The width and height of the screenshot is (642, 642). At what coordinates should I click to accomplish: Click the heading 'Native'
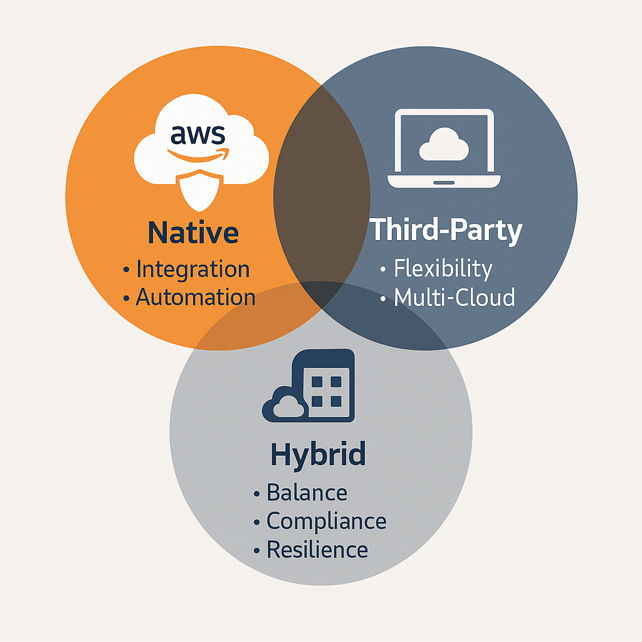pyautogui.click(x=193, y=233)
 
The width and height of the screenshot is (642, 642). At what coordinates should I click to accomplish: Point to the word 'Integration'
pyautogui.click(x=192, y=269)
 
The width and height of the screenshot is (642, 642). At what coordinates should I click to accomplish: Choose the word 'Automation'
pyautogui.click(x=196, y=297)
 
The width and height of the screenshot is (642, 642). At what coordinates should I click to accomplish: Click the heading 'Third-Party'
pyautogui.click(x=445, y=230)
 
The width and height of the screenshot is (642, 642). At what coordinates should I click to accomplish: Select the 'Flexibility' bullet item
pyautogui.click(x=443, y=268)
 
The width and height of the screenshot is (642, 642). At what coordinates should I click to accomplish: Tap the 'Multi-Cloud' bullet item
pyautogui.click(x=454, y=297)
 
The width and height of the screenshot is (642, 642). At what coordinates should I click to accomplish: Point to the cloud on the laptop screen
pyautogui.click(x=444, y=145)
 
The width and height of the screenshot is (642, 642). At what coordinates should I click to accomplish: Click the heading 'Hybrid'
pyautogui.click(x=318, y=454)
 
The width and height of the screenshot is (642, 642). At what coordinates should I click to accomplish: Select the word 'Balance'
pyautogui.click(x=307, y=493)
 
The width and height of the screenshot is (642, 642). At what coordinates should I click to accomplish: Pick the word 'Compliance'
pyautogui.click(x=326, y=521)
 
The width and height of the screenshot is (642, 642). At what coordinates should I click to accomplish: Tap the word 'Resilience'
pyautogui.click(x=317, y=550)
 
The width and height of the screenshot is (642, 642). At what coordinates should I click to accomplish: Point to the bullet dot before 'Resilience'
pyautogui.click(x=256, y=551)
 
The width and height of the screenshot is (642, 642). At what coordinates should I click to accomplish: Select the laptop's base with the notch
pyautogui.click(x=444, y=182)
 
